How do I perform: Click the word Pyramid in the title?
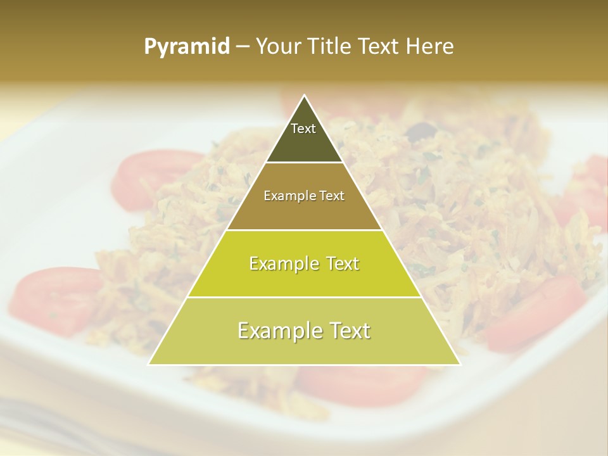187,47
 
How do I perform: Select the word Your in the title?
279,47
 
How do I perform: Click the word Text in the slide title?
378,47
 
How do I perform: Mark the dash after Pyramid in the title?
243,47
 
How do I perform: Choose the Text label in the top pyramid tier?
303,129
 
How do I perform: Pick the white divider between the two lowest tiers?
304,297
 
